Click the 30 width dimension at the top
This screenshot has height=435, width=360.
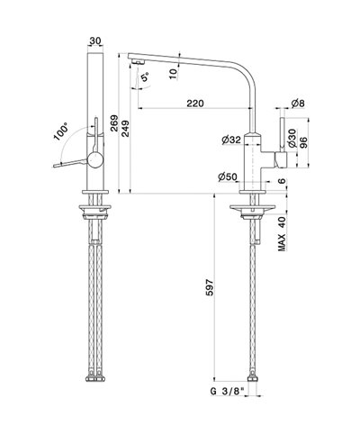[94, 41]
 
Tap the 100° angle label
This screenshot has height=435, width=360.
[61, 131]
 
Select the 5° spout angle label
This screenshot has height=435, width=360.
[145, 77]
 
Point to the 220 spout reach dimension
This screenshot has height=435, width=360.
[195, 104]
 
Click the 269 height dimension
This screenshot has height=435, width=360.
[114, 123]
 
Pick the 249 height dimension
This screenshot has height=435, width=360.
[125, 129]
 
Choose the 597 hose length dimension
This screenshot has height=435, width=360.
[210, 287]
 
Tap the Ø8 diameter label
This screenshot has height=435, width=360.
[297, 104]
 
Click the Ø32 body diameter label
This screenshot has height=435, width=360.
[231, 140]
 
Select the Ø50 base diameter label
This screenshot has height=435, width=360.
[228, 177]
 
